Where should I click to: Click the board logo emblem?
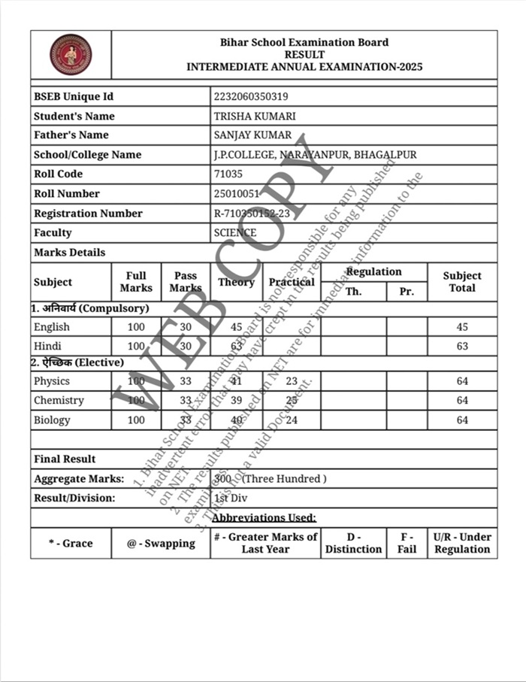[71, 54]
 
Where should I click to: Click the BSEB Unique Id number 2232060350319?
[251, 97]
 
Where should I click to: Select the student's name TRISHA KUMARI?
[255, 117]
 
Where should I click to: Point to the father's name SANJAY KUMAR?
[252, 135]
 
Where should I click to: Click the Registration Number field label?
[88, 214]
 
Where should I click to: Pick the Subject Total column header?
[462, 282]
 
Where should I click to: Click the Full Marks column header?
[136, 282]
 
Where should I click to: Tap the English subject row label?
[52, 327]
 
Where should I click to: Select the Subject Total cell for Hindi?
[462, 347]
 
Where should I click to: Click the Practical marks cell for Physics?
[292, 381]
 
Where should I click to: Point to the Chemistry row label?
[59, 401]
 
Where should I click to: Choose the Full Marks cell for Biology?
[136, 420]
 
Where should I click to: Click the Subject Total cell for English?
[462, 327]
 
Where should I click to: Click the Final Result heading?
[65, 459]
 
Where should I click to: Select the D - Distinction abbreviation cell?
[353, 543]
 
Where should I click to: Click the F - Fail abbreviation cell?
[407, 543]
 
